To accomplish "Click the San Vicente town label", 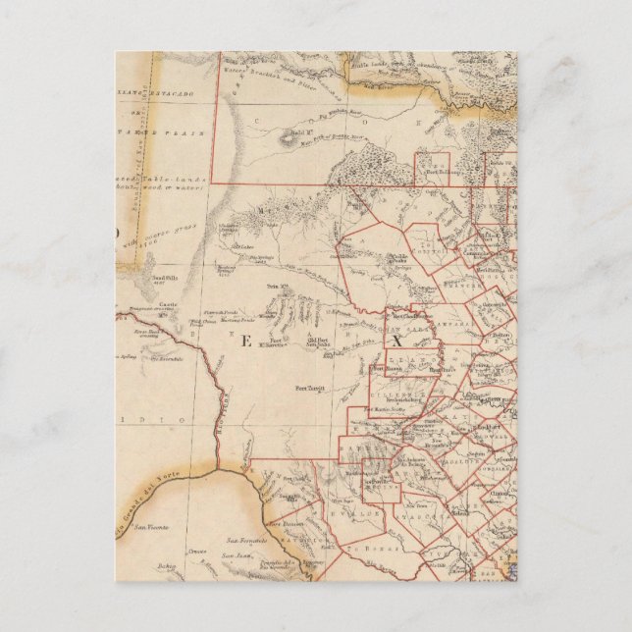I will coord(152,527).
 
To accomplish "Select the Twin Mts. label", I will coord(278,287).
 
